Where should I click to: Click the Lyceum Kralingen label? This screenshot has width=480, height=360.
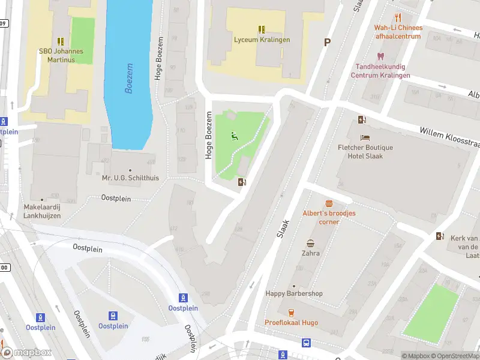(262, 40)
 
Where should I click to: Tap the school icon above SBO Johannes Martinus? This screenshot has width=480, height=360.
(61, 41)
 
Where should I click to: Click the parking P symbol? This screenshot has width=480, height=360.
(327, 43)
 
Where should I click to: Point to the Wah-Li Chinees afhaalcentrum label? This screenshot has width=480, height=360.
(398, 32)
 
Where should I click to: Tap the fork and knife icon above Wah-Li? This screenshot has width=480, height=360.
(398, 17)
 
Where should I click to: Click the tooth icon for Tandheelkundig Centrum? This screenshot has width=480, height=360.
(380, 56)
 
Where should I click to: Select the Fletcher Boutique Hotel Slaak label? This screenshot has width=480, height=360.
(365, 152)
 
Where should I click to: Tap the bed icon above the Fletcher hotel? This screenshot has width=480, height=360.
(365, 137)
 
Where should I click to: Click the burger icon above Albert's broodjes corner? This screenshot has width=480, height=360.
(329, 204)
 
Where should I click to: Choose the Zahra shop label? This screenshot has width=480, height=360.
(311, 253)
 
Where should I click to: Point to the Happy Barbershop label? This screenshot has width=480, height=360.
(294, 293)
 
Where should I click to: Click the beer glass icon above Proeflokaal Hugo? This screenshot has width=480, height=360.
(291, 312)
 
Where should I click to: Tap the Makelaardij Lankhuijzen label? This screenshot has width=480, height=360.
(42, 211)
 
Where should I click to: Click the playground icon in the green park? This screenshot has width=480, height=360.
(233, 136)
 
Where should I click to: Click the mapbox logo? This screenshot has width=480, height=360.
(26, 353)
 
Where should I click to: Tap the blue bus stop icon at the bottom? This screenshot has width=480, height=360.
(307, 343)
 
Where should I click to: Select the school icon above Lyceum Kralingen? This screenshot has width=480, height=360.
(262, 29)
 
